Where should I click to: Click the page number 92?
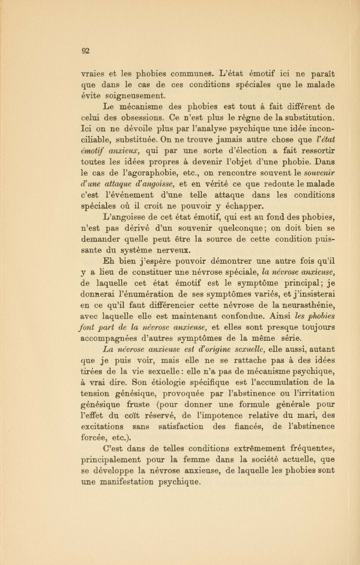[x=86, y=51]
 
